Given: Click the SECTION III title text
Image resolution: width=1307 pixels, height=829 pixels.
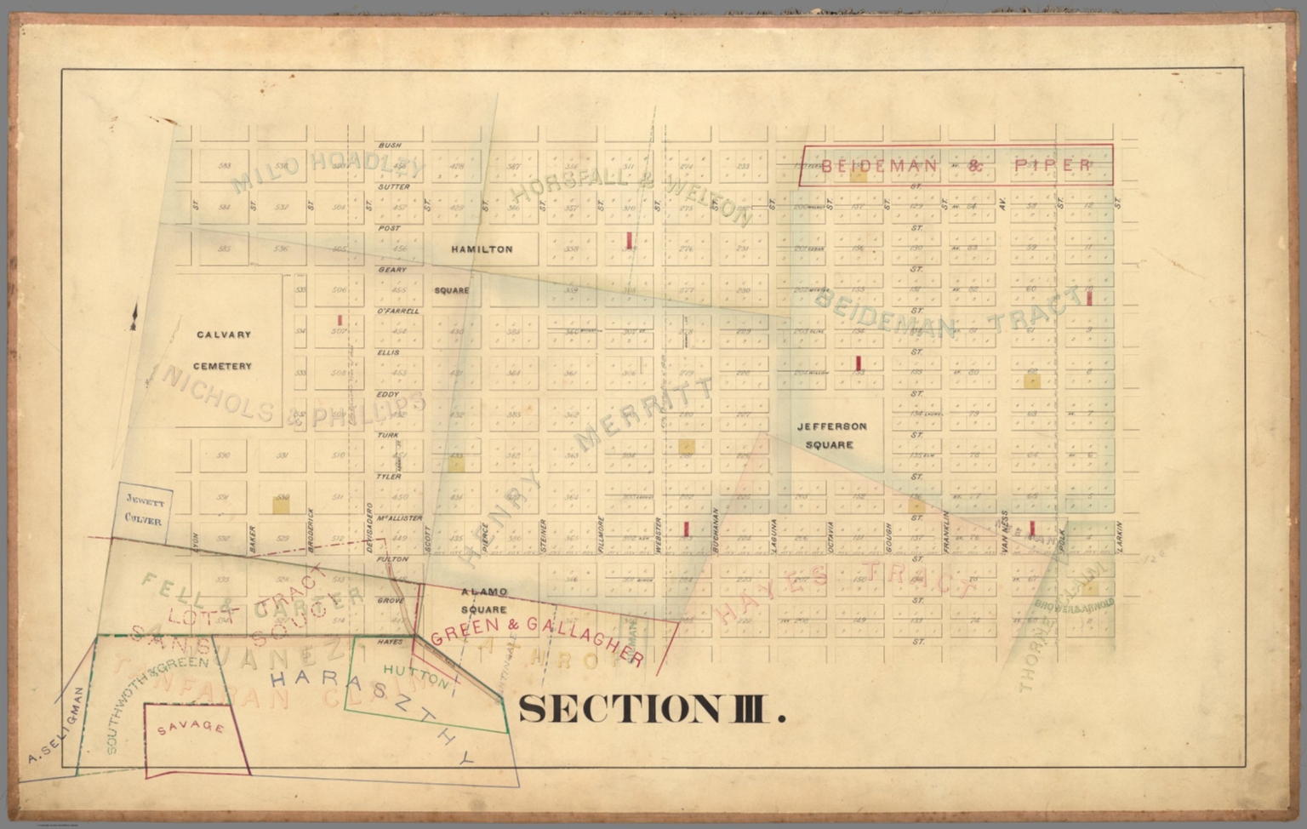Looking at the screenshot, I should click(651, 709).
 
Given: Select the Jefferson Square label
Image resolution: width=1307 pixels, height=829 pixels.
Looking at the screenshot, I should click(830, 435).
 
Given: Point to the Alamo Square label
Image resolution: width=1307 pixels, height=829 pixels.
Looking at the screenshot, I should click(484, 600).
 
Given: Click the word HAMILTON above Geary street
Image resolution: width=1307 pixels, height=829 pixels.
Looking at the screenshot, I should click(482, 249).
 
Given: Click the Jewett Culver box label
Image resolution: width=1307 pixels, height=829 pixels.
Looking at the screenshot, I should click(143, 509).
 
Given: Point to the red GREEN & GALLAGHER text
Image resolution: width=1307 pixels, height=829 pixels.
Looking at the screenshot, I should click(537, 639).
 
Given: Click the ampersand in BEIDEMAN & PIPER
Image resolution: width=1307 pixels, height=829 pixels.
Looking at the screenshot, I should click(975, 165).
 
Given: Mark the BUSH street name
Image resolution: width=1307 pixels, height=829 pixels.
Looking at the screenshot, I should click(390, 146).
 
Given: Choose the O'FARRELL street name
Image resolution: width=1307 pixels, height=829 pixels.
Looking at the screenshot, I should click(397, 312).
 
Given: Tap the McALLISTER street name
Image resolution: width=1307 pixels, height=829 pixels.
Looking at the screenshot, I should click(399, 517).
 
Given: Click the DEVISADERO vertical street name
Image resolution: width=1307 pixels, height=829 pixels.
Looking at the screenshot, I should click(370, 528).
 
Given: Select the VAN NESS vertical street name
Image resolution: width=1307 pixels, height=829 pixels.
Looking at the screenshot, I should click(1005, 538).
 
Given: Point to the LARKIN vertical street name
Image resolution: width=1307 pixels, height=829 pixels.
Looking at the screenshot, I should click(1120, 537).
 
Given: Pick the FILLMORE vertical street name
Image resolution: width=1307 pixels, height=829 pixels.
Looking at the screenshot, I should click(601, 535).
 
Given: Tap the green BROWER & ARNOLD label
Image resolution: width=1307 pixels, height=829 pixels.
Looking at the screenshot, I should click(1074, 604).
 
